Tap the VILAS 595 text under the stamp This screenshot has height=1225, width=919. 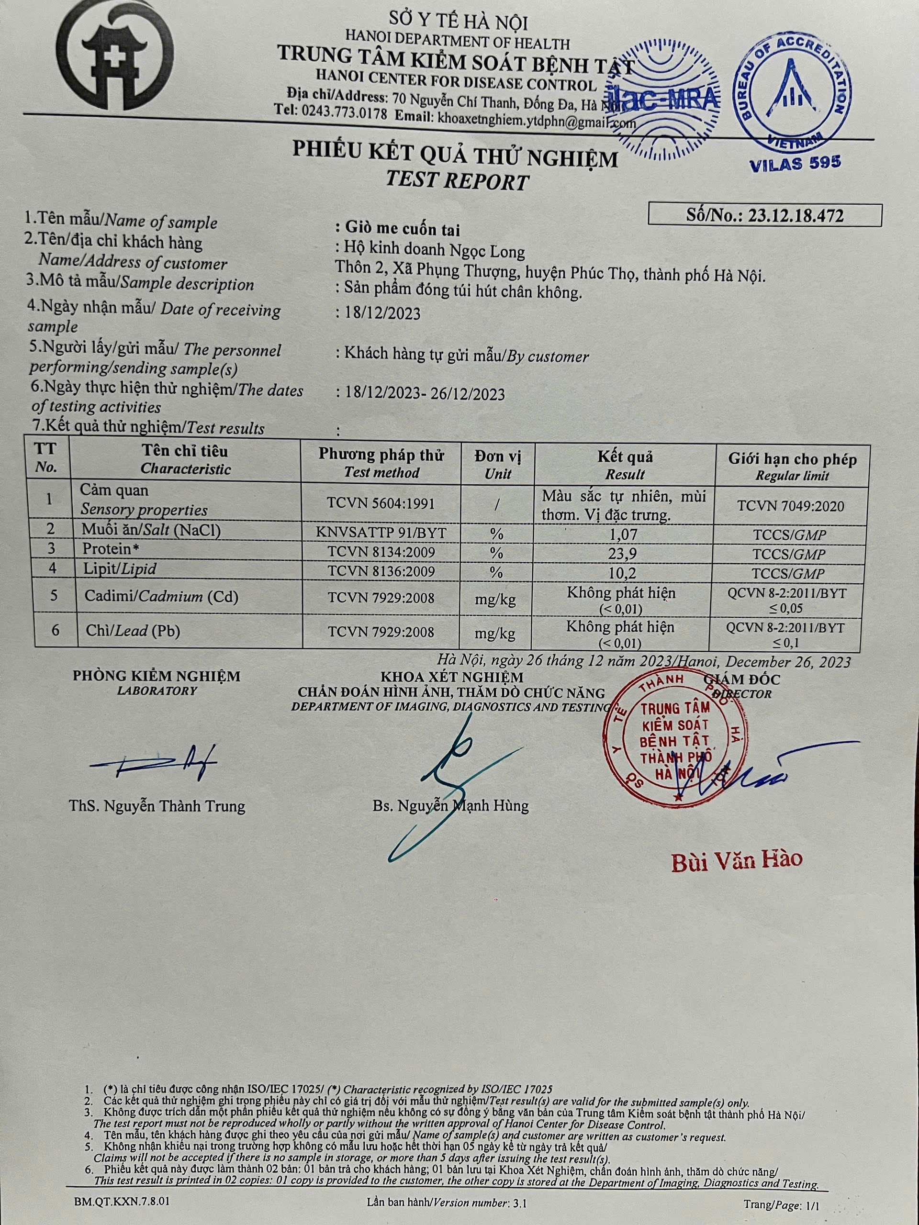795,163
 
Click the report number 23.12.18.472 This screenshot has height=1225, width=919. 796,215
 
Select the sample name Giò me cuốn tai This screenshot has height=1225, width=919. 402,229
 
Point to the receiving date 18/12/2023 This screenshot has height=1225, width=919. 382,313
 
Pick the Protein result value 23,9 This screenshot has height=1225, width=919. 625,554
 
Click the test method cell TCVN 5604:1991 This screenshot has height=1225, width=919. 381,503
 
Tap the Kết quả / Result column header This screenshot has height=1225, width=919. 625,465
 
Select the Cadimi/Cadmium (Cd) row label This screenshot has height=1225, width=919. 161,596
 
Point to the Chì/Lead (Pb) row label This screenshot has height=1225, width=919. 133,630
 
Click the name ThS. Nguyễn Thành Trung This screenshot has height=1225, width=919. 157,806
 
